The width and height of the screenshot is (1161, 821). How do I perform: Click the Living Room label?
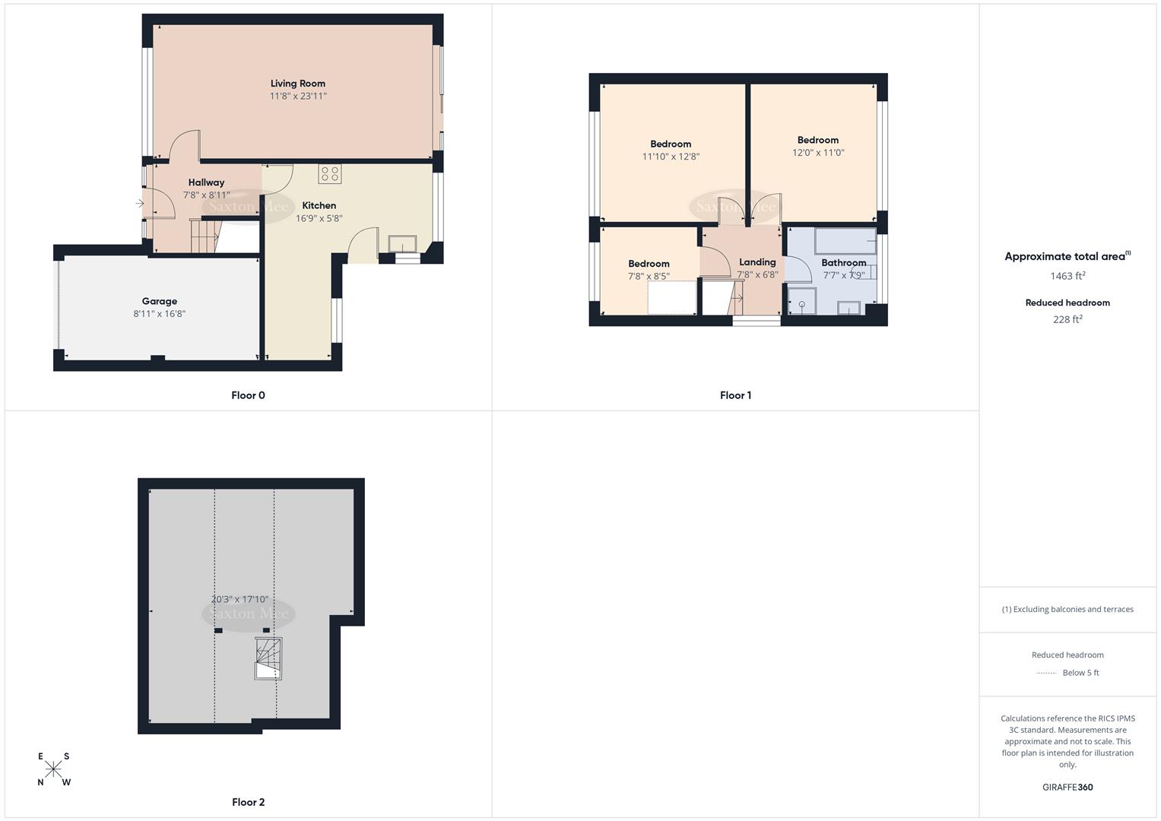(x=297, y=84)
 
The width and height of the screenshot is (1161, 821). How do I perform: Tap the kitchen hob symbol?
(x=329, y=174)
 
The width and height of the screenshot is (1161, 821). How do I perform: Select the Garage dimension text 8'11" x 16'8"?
(x=160, y=314)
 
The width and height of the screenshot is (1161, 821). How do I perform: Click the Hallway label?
(x=206, y=182)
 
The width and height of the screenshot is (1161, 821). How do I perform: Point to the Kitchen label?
(x=319, y=205)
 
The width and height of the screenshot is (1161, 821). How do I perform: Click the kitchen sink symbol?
(x=402, y=243)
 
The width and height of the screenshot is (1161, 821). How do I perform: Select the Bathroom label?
(x=843, y=263)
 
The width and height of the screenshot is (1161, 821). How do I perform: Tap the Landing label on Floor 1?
(x=757, y=262)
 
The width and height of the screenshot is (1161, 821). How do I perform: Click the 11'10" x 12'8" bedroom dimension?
(x=671, y=157)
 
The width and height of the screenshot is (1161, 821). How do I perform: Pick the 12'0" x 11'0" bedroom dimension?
(x=818, y=153)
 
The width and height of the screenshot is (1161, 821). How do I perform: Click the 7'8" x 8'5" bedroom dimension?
(x=649, y=277)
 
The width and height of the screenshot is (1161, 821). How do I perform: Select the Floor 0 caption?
(x=248, y=395)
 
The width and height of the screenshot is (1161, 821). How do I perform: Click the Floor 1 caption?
(x=735, y=395)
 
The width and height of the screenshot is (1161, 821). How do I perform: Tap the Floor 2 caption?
(x=248, y=802)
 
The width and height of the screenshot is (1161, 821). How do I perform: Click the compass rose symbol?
(x=53, y=769)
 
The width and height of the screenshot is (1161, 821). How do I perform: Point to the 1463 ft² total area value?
(x=1067, y=276)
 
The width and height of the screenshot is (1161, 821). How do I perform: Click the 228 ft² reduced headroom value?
(x=1067, y=319)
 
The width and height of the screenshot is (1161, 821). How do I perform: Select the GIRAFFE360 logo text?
(x=1067, y=788)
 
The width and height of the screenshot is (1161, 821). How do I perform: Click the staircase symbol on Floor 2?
(x=268, y=658)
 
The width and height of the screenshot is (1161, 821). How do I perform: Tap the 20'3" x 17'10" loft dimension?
(x=239, y=600)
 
